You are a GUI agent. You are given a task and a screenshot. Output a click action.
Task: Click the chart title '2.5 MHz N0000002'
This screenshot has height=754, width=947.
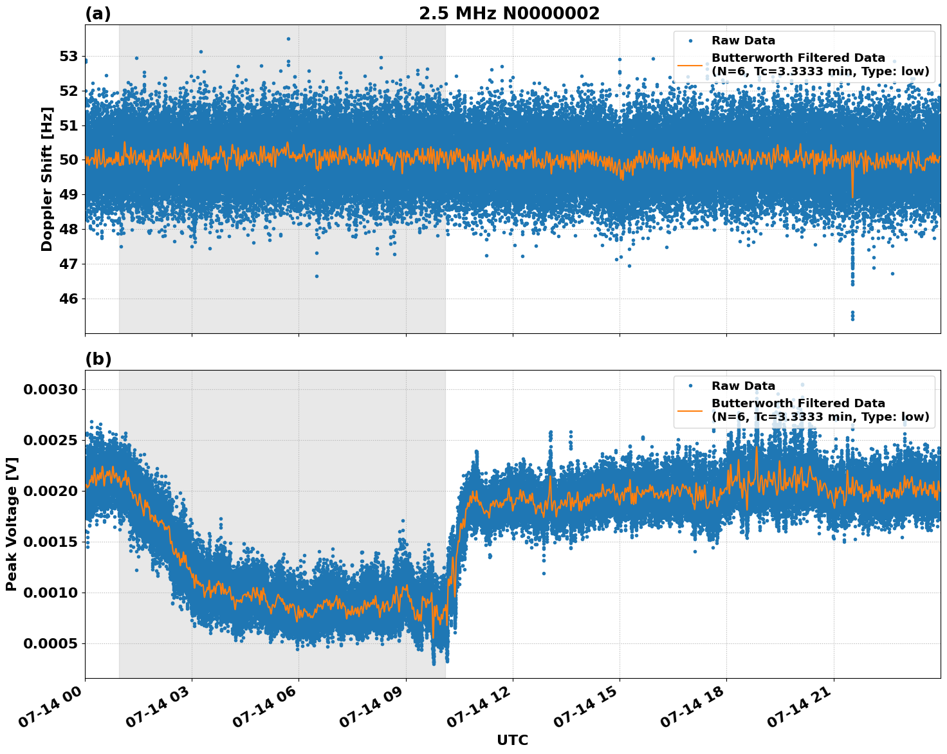pos(509,14)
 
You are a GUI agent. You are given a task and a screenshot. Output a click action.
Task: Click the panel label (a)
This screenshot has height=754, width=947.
pos(98,14)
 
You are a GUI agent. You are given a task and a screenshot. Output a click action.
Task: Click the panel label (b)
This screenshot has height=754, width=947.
pos(98,359)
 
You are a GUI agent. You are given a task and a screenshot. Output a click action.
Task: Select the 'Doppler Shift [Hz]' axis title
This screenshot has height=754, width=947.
pos(47,179)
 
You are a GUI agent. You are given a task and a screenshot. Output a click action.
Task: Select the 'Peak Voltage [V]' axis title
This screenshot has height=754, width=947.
pos(12,524)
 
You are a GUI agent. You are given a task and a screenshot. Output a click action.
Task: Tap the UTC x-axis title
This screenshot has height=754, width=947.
pos(512,740)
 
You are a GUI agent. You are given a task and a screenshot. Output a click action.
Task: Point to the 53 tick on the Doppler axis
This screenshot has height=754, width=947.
pos(68,57)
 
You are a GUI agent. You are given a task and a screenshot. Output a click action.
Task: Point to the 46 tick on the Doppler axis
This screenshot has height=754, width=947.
pos(68,299)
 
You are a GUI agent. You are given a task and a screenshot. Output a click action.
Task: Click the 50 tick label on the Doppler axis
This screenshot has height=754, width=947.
pos(68,160)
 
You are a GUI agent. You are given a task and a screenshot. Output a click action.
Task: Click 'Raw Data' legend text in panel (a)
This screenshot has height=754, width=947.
pos(743,41)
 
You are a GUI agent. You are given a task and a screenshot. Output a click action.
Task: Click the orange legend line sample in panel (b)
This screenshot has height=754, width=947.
pos(690,410)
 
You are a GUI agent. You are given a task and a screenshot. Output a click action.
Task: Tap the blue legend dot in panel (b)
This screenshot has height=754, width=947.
pos(690,386)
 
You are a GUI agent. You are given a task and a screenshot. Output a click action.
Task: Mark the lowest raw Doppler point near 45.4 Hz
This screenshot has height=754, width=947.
pos(852,318)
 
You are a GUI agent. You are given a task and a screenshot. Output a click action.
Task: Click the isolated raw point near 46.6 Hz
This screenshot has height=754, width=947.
pos(317,276)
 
